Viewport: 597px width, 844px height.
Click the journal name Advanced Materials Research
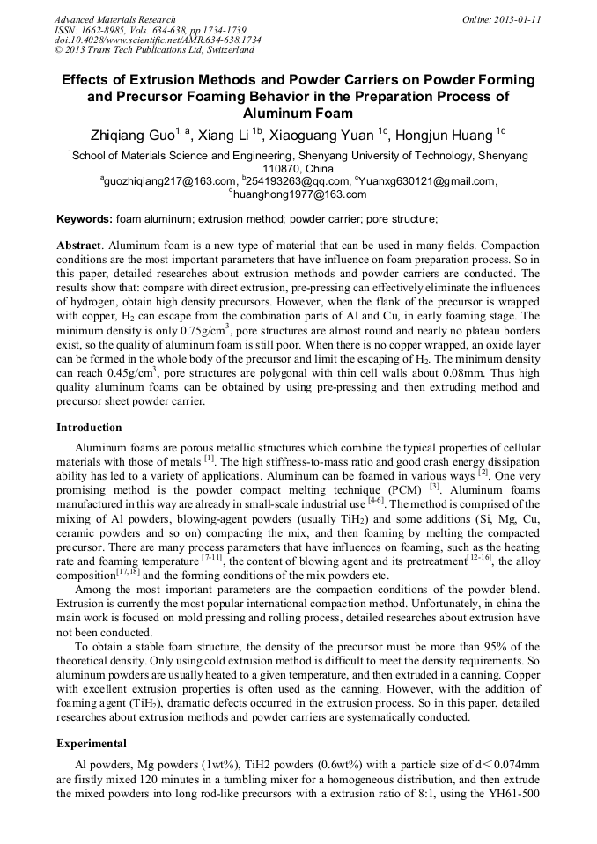[x=114, y=19]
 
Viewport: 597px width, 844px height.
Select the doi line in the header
[x=157, y=40]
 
